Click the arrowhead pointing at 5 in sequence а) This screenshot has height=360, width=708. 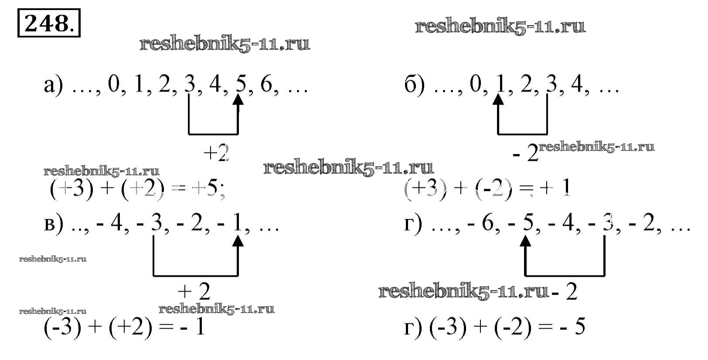(238, 100)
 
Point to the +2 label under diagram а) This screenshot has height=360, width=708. (216, 153)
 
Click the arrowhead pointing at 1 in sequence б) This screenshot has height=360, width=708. (498, 100)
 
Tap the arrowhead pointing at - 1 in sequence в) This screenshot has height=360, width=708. (238, 241)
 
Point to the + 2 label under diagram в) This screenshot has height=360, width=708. (194, 292)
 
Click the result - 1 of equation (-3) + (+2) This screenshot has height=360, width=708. (192, 328)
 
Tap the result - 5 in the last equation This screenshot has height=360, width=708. (573, 328)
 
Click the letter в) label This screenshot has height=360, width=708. (54, 226)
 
